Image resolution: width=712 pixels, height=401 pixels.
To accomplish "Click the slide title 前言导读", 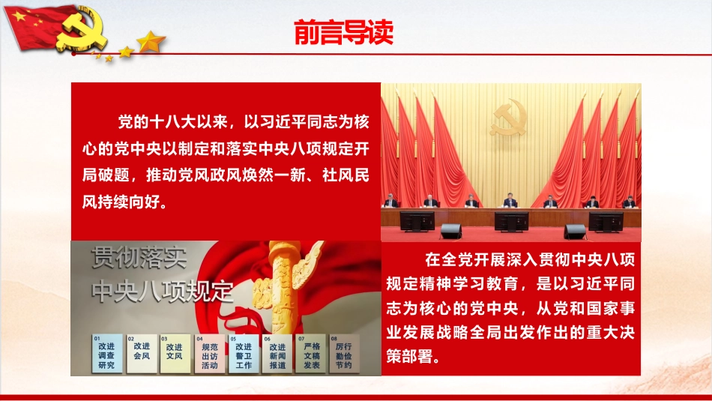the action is pos(343,32).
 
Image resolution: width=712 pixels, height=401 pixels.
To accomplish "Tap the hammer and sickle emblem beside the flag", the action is pos(82,28).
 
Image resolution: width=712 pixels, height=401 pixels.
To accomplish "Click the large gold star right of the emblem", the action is pos(151,41).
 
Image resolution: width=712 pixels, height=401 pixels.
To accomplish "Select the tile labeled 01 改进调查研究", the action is pos(106,354).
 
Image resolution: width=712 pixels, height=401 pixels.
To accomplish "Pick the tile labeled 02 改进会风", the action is pos(142,354).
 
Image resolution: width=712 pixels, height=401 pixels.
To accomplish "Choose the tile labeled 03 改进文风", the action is pos(175,354).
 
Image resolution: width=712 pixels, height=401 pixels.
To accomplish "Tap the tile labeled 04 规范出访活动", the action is pos(210,354).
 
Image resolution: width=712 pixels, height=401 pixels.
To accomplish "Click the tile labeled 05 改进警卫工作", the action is pos(244,354).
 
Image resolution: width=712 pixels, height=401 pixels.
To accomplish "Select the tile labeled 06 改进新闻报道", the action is pos(277,354).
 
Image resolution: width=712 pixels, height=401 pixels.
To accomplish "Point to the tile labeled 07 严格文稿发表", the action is pos(312,354).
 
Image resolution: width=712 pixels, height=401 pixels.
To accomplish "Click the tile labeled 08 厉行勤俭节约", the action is pos(344,354).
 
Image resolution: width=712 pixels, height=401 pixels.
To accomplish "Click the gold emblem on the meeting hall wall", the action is pos(508,117).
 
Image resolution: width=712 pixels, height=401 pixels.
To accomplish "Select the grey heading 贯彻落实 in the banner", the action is pos(139,258).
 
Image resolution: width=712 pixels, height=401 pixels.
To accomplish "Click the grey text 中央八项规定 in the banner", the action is pos(163,291).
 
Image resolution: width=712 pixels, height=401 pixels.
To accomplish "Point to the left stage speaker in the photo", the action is pos(451,231).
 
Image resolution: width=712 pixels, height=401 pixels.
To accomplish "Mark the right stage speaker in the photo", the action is pos(575,231).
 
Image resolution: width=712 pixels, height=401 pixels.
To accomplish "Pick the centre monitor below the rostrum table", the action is pos(511,222).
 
